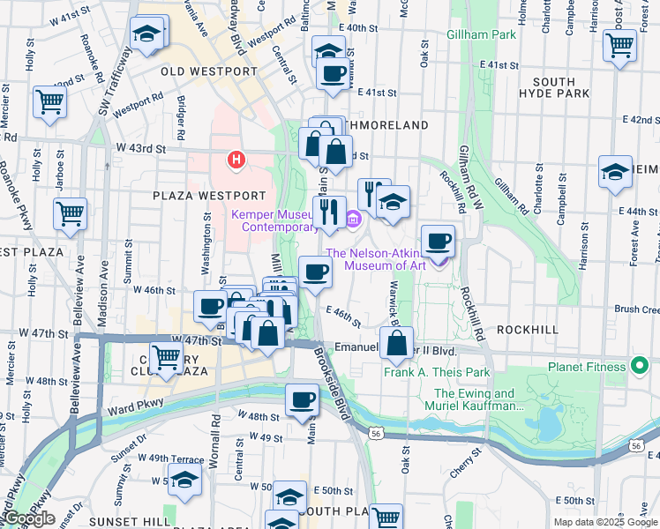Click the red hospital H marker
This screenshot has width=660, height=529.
pyautogui.click(x=236, y=160)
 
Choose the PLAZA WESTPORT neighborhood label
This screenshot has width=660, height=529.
pyautogui.click(x=208, y=195)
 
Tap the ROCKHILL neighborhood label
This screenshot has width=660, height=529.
pyautogui.click(x=527, y=328)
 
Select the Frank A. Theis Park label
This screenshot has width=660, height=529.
pyautogui.click(x=436, y=372)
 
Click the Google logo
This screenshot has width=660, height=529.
pyautogui.click(x=29, y=518)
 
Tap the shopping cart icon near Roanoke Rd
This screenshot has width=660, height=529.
pyautogui.click(x=49, y=101)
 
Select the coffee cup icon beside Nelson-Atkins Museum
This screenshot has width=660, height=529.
pyautogui.click(x=438, y=240)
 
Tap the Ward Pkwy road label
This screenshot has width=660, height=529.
pyautogui.click(x=128, y=408)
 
